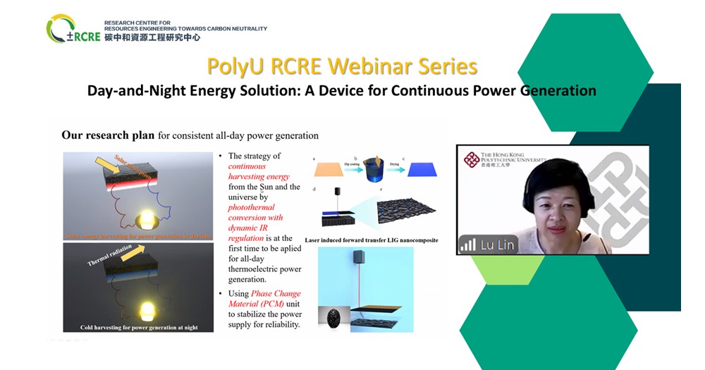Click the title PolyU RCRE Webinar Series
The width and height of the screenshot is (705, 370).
coord(342,67)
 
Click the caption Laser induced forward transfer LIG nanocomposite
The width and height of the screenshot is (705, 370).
coord(372,240)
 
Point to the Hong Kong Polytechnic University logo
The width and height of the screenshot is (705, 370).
coord(501,159)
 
